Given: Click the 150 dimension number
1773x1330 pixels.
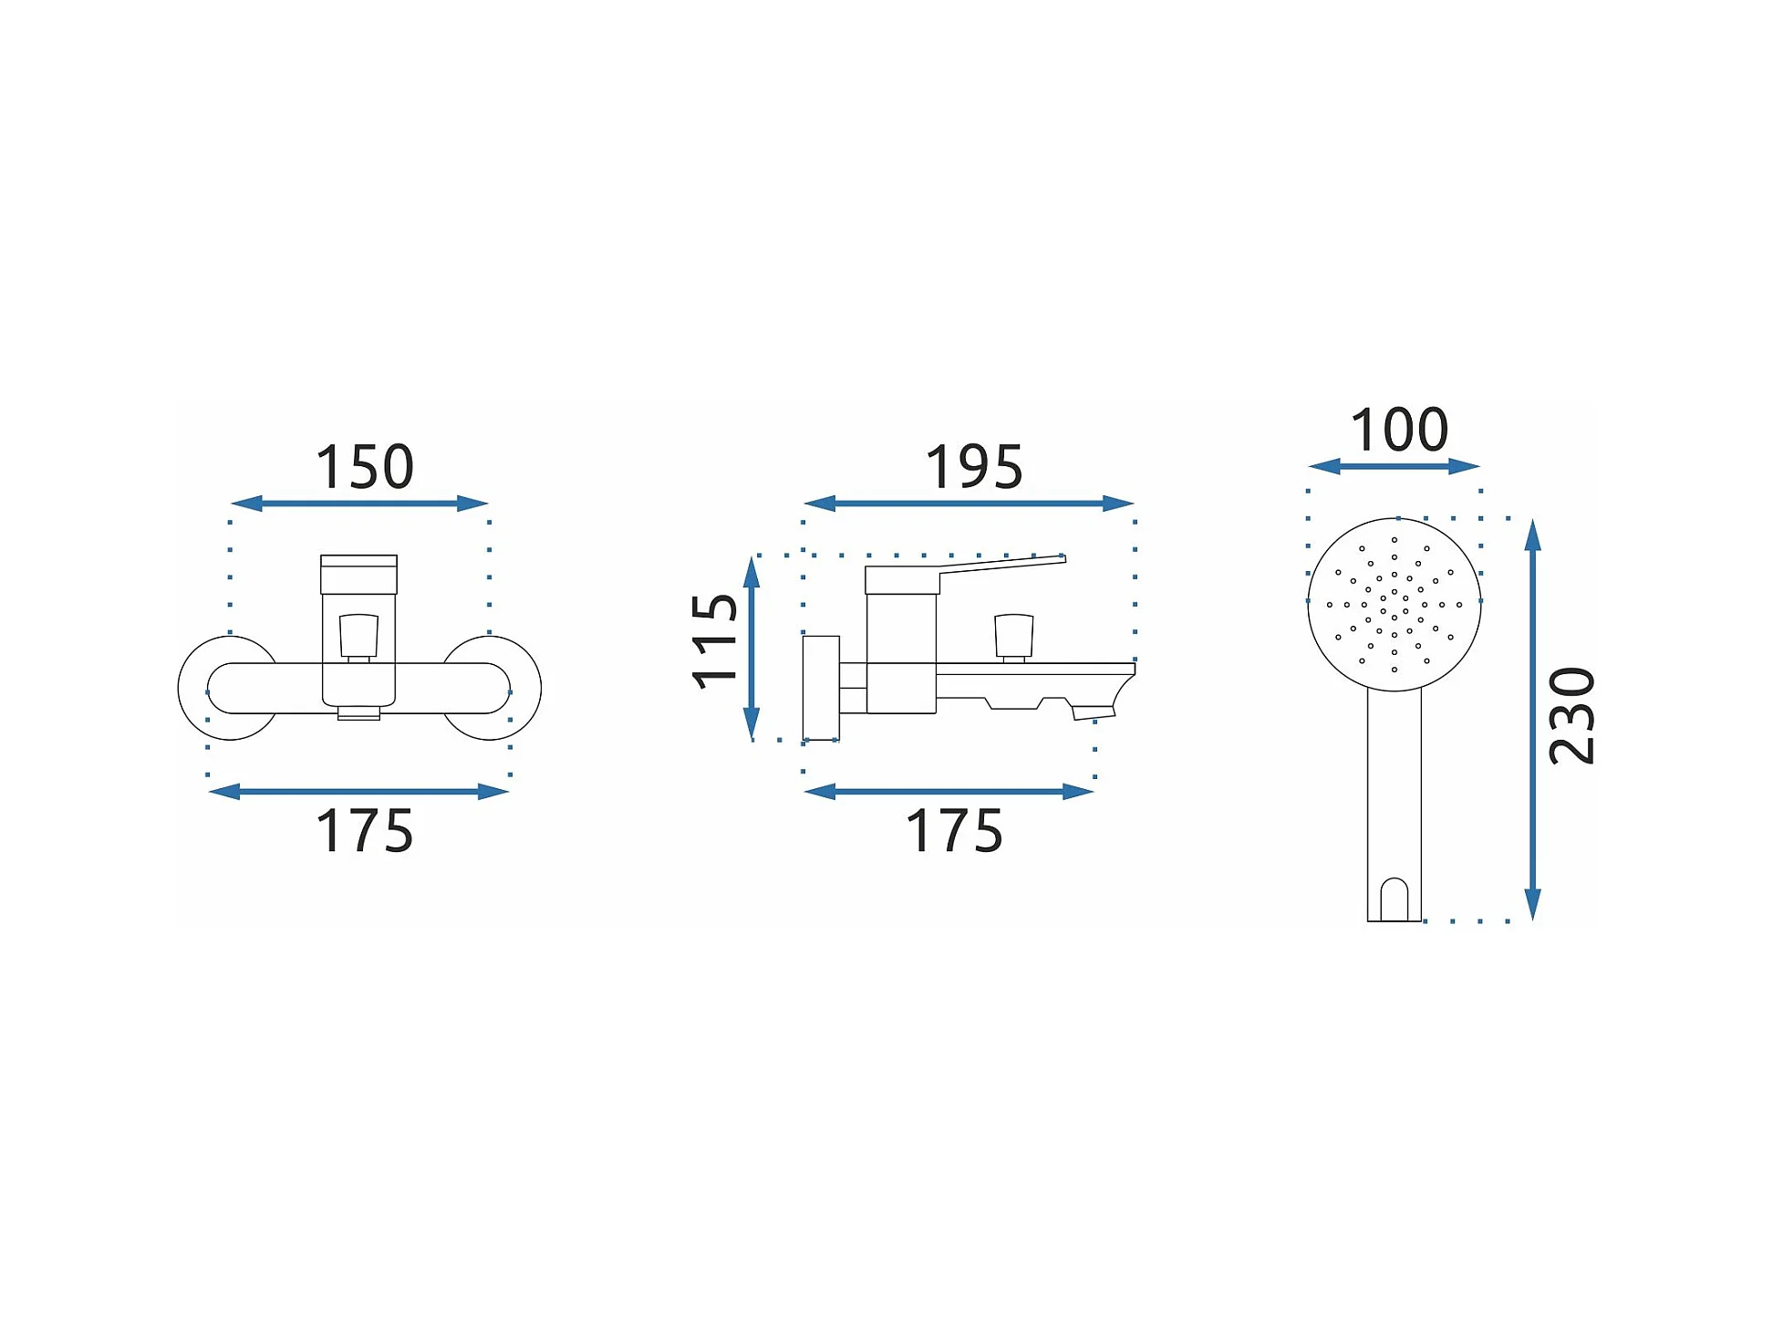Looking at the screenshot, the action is (364, 467).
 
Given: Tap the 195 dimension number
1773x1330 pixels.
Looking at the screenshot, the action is (974, 467).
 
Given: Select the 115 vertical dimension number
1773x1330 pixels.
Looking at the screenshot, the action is (714, 641).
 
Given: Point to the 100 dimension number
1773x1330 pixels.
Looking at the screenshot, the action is (1399, 430).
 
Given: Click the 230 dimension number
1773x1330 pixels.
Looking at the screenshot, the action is (1572, 716).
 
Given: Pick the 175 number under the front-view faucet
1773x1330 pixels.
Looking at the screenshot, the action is (364, 831).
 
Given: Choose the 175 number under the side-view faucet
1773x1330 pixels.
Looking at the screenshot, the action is (954, 831).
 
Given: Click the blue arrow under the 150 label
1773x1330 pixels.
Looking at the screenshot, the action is (359, 504).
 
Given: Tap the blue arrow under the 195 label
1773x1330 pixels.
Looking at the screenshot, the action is (969, 504).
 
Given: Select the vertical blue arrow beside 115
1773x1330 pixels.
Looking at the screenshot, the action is (752, 648).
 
